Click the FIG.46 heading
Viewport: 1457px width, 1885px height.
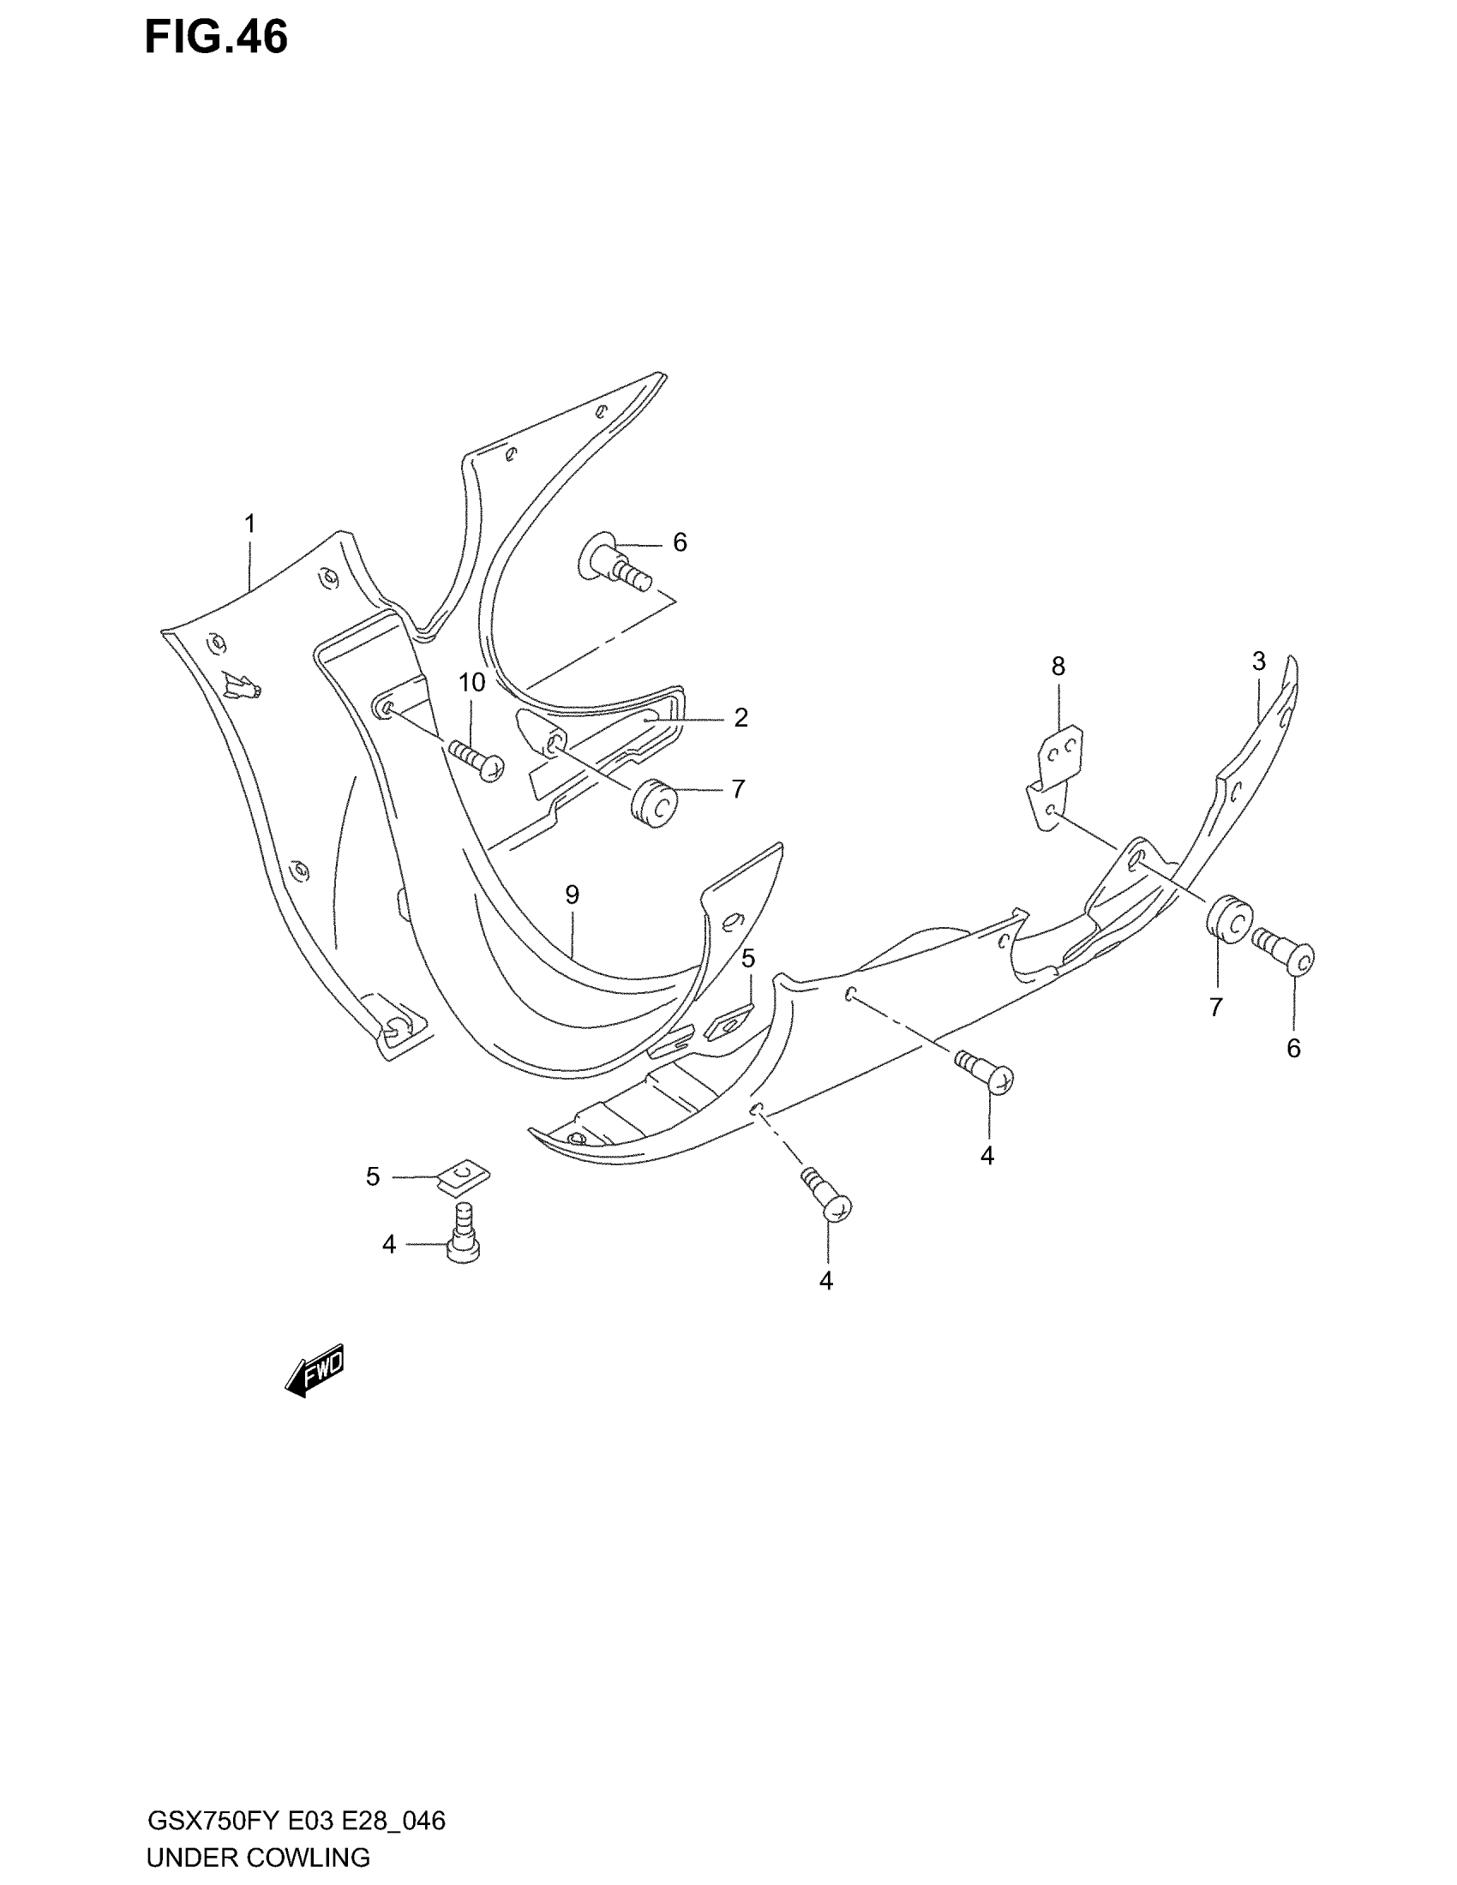(216, 39)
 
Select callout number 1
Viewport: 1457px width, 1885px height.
(249, 524)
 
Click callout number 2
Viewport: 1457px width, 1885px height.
(740, 717)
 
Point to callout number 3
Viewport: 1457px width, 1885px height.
(1258, 661)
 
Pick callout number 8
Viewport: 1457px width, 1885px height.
(1058, 667)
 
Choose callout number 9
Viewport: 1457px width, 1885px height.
(573, 895)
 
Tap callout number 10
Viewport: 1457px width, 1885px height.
(471, 683)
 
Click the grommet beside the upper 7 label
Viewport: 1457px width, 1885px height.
(654, 804)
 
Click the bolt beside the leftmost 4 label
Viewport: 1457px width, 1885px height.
(465, 1235)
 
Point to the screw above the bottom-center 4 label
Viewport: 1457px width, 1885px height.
(829, 1195)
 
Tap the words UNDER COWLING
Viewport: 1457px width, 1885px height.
(258, 1858)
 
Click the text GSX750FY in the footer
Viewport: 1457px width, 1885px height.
(213, 1821)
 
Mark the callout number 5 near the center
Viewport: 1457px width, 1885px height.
(748, 958)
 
